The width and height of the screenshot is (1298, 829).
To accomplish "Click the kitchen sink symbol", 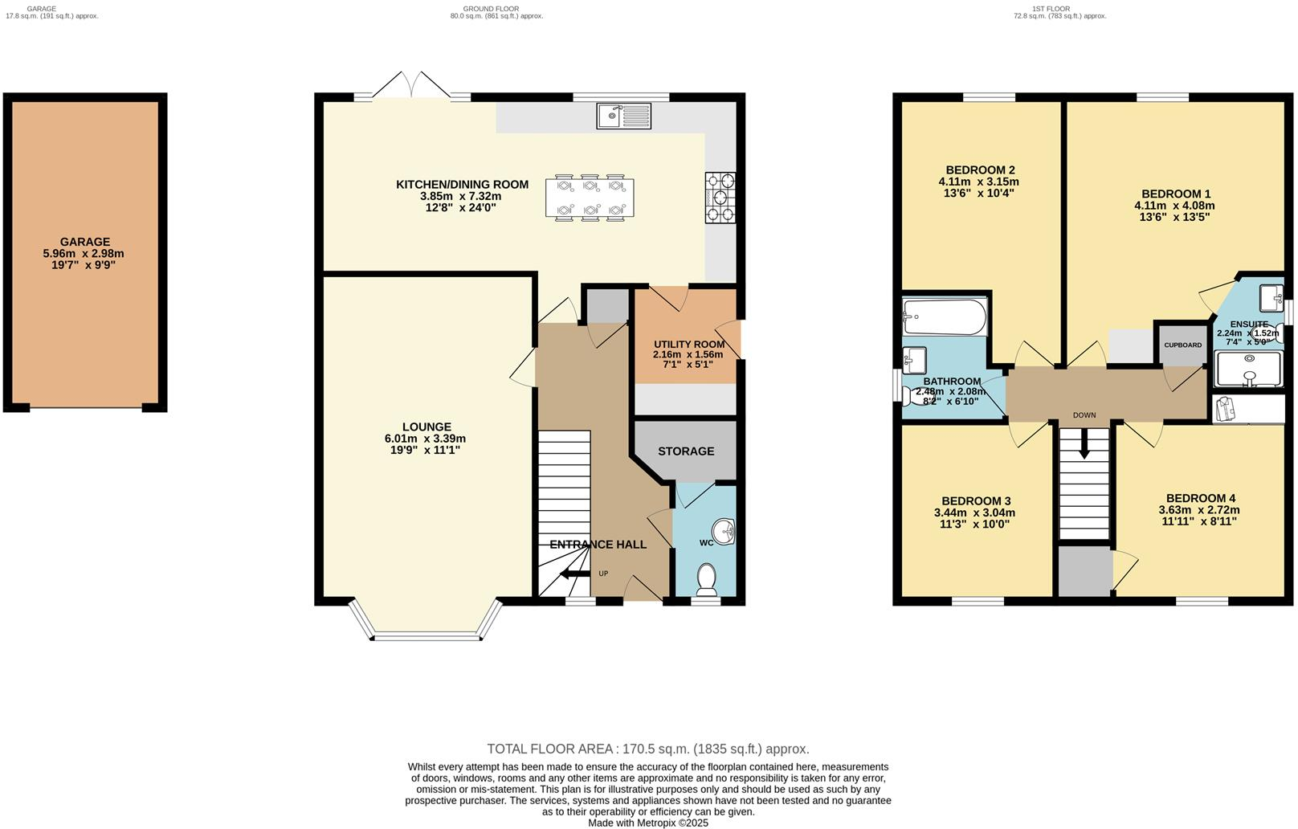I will pos(623,116).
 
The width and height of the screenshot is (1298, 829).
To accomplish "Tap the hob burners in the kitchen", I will pos(720,198).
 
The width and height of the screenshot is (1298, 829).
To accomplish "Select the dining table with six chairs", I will pos(590,198).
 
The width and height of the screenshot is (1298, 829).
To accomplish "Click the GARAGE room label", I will pos(84,242).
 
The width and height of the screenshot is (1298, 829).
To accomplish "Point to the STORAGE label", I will pos(686,451).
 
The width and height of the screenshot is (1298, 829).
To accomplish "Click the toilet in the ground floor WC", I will pos(707,579).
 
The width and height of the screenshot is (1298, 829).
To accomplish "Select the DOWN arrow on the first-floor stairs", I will pos(1084,446).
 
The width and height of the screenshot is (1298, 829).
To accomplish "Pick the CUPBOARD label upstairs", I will pos(1183,345).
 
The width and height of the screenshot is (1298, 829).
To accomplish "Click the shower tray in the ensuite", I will pos(1249,370).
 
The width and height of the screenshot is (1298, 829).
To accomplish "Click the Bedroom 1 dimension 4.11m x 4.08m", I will pos(1175,206).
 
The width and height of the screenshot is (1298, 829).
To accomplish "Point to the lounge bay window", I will pos(426,635).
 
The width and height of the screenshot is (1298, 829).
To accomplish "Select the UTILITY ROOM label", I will pos(688,345).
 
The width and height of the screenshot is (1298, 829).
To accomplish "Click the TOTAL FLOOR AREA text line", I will pos(648,749).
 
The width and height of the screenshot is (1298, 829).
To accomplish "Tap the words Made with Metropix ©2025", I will pos(648,823).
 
